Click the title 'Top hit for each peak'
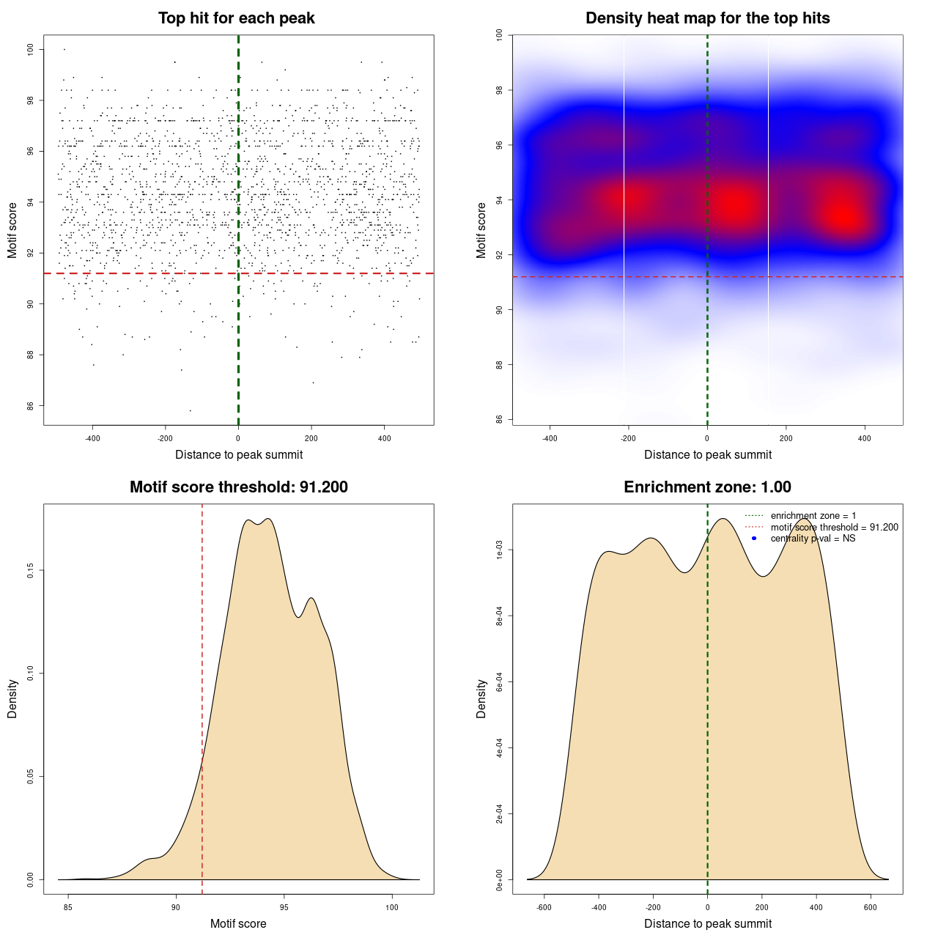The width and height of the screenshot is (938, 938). coord(236,18)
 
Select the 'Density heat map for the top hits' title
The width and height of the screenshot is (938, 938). coord(707,18)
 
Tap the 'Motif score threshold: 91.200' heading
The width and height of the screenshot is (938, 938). coord(238,487)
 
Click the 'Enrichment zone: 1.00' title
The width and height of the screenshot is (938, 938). coord(707,487)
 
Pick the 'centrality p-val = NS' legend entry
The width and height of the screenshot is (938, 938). coord(813,539)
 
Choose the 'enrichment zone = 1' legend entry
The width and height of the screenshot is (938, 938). coord(813,516)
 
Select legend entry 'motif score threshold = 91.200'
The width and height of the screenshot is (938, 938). coord(834,527)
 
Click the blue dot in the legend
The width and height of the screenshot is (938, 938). coord(754,539)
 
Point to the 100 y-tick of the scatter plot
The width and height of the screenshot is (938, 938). coord(30,50)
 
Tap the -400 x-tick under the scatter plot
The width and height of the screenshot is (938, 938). coord(92,438)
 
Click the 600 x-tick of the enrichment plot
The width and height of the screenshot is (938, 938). coord(871,907)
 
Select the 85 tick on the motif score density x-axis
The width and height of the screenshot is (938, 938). coord(68,907)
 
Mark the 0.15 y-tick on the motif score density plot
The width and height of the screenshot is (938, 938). coord(30,570)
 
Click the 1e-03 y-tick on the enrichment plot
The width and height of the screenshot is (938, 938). coord(499,550)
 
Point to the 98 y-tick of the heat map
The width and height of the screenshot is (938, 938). coord(499,91)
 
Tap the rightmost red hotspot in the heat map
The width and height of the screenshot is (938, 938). coord(846,216)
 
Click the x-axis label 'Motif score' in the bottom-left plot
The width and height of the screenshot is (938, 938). coord(238,923)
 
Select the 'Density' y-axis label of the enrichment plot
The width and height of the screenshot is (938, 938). coord(481,698)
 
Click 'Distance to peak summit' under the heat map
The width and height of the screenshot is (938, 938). coord(707,454)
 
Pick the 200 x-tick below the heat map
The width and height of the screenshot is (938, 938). coord(786,438)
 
